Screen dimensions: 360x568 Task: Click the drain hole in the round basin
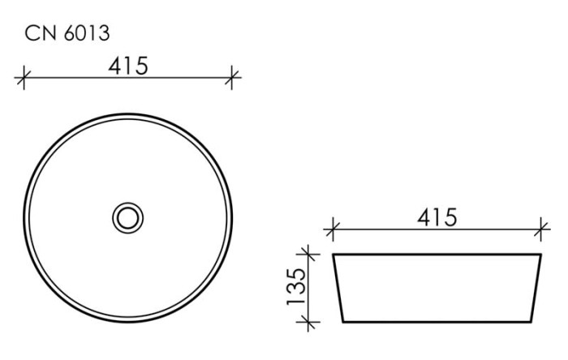pos(127,216)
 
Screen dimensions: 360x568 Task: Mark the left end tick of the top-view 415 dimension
pos(24,79)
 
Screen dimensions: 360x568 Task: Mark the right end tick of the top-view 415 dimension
pos(232,79)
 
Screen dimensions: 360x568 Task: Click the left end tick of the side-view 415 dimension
pos(329,231)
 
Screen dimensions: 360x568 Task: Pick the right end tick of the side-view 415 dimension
pos(539,231)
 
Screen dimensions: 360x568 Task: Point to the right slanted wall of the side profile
pos(536,288)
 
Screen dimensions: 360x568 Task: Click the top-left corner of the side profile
pos(333,255)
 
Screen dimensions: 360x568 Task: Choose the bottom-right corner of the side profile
pos(531,322)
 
